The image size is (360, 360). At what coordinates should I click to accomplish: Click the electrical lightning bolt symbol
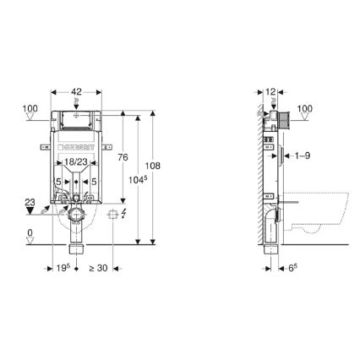(123, 214)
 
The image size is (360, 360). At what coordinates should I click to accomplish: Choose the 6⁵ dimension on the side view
(293, 270)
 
